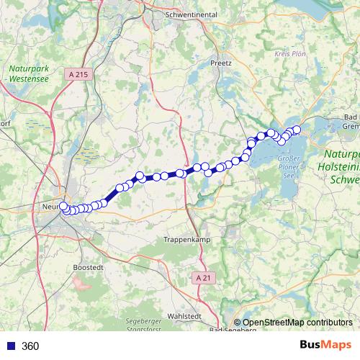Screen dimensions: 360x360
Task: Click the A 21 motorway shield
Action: click(204, 277)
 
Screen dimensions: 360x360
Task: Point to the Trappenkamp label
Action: click(186, 239)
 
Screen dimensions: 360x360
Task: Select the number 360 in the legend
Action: click(30, 346)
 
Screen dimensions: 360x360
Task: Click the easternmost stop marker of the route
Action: click(296, 130)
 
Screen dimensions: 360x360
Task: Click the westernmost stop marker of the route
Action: click(63, 207)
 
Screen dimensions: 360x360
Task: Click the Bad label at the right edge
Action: click(351, 117)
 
